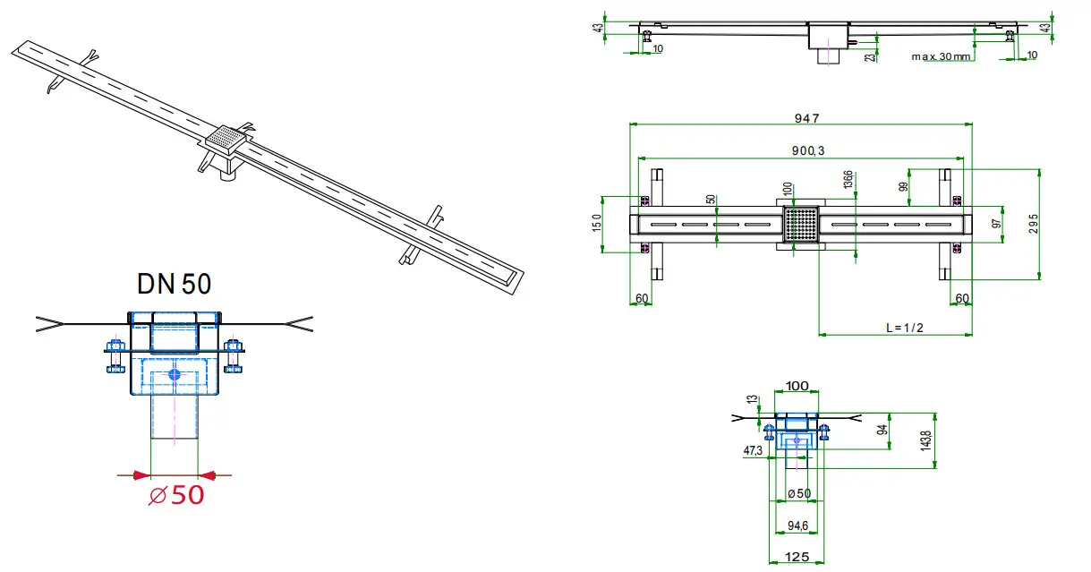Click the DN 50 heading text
coord(175,285)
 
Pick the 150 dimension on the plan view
coord(598,222)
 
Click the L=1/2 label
coord(904,328)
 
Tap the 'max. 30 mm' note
coord(942,55)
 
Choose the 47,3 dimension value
coord(752,450)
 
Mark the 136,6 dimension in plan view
coord(848,180)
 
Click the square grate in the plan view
coord(801,224)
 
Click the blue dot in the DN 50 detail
coord(175,373)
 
